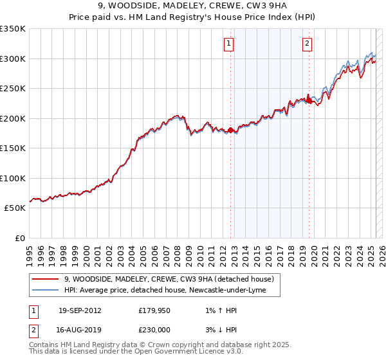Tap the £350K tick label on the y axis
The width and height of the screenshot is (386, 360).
point(13,29)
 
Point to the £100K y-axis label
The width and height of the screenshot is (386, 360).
point(13,178)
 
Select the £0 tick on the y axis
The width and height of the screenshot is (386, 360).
point(19,238)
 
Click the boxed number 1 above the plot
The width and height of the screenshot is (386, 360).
point(229,44)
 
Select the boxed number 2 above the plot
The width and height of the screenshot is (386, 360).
point(308,44)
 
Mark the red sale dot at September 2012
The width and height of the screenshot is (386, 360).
point(231,130)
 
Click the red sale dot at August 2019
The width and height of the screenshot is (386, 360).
point(309,100)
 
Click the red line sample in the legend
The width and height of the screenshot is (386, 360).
point(44,279)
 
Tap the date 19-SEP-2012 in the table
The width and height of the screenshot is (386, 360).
point(80,310)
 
